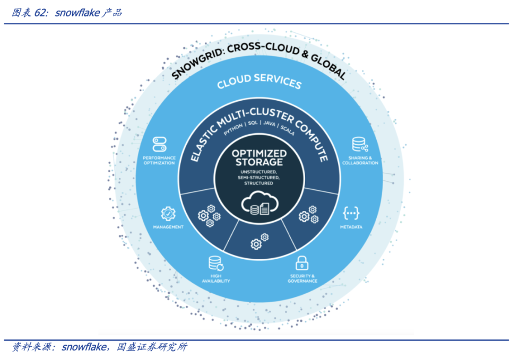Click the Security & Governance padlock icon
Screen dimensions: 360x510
302,262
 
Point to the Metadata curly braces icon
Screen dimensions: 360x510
351,213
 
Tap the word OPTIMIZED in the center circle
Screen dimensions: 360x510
259,154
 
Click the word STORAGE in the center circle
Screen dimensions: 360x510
259,162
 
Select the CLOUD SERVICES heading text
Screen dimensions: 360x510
259,82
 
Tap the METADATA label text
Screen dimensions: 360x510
351,227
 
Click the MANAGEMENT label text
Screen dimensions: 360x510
168,227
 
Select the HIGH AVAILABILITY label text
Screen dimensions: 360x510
215,278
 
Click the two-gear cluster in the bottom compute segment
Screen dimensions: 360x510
260,241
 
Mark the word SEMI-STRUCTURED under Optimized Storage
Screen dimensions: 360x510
258,178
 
